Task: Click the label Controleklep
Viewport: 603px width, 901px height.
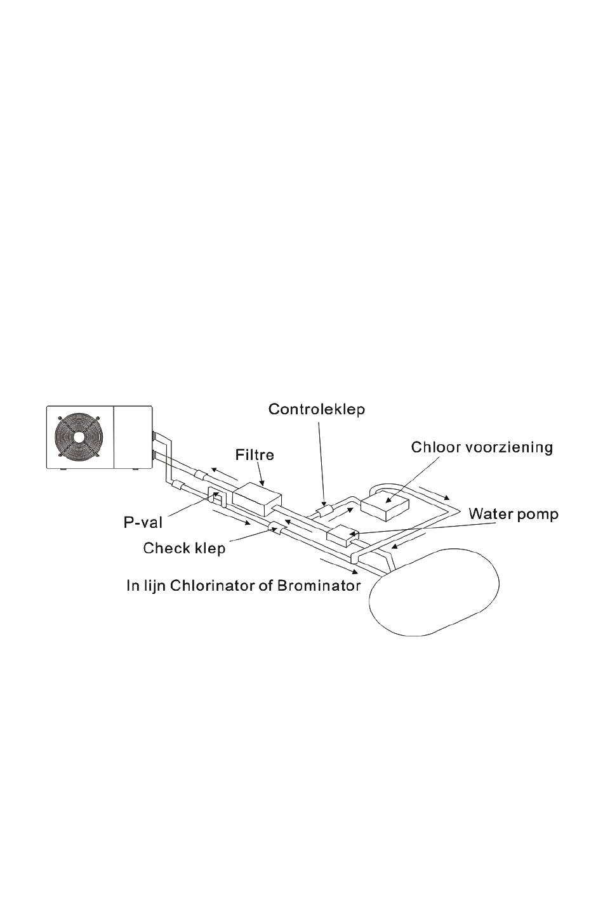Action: [317, 409]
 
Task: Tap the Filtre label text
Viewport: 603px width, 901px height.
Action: [255, 455]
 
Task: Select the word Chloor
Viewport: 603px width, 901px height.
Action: [436, 447]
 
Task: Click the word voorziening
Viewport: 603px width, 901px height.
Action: [509, 448]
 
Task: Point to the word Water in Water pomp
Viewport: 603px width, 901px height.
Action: [491, 514]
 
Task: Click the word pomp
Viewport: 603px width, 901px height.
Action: [538, 515]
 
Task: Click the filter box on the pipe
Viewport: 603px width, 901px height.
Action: [257, 499]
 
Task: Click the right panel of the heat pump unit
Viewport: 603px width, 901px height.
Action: [133, 437]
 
